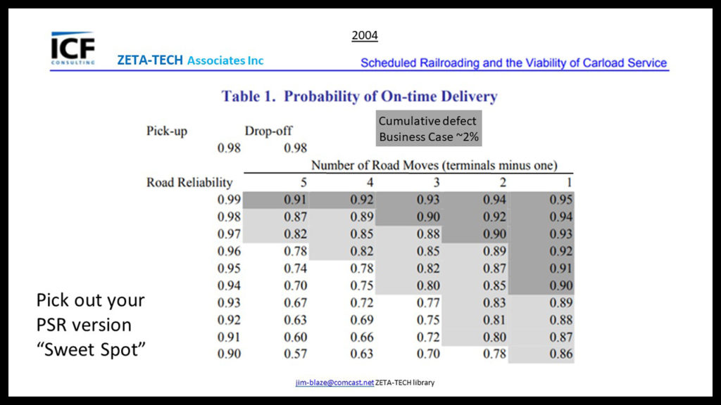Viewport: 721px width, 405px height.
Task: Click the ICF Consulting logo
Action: click(x=73, y=47)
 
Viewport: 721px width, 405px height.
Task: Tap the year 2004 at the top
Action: click(x=365, y=35)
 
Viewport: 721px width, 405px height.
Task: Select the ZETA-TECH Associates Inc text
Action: click(x=190, y=61)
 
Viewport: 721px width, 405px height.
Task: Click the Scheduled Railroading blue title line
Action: click(x=513, y=63)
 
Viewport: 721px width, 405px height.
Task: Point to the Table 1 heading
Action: click(x=360, y=96)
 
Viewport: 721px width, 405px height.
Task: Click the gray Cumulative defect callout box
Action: click(x=428, y=129)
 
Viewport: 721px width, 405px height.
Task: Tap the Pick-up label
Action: click(x=167, y=131)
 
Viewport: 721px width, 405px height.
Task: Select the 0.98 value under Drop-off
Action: click(x=296, y=148)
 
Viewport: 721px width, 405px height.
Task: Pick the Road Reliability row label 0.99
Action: click(x=230, y=200)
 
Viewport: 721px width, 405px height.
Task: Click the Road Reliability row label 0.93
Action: click(x=230, y=302)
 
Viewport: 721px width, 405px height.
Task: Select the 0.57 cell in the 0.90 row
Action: click(x=296, y=354)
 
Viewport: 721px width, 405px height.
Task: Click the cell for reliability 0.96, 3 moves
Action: click(x=428, y=251)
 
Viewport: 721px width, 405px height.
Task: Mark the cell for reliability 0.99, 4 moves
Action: click(x=362, y=200)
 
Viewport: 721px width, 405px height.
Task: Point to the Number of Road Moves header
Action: click(x=434, y=166)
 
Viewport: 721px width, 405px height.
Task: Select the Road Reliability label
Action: click(x=189, y=183)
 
